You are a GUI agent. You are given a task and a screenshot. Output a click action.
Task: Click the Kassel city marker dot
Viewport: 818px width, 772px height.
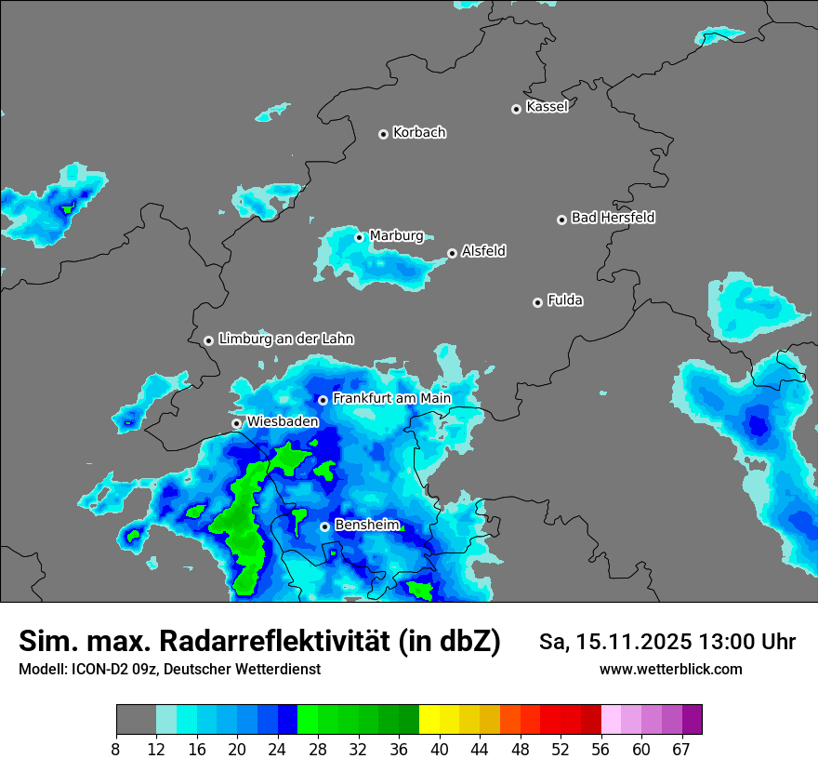(516, 109)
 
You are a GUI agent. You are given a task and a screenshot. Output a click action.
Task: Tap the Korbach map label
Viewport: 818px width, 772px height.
(419, 132)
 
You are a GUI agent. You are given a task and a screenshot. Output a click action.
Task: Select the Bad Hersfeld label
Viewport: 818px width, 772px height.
(613, 218)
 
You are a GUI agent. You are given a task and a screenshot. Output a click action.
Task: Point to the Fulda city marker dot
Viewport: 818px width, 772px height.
(537, 302)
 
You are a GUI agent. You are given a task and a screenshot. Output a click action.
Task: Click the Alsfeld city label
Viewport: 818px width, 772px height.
(483, 251)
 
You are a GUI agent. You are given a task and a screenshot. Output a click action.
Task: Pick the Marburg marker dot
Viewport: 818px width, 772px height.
(359, 237)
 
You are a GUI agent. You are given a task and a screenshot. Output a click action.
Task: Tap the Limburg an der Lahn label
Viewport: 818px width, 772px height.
(285, 339)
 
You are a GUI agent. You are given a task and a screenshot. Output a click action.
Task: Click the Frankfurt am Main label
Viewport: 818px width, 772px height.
(391, 398)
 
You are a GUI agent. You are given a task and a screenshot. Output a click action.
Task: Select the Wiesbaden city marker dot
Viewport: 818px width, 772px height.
(236, 423)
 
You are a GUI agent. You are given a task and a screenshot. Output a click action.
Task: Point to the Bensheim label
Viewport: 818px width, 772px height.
(366, 525)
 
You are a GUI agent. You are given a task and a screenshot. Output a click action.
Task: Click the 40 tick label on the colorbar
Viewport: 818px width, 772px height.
(440, 749)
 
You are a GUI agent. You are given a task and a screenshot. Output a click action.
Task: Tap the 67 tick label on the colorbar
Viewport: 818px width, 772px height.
(681, 749)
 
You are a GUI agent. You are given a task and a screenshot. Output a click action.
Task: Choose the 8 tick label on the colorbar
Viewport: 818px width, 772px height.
(116, 749)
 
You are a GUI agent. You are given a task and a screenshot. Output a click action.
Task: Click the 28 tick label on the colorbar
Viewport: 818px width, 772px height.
(319, 749)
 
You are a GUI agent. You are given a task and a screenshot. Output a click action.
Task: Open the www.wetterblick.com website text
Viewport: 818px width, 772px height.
(670, 669)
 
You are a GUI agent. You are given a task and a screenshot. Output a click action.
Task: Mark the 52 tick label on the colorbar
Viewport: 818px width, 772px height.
(561, 749)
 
